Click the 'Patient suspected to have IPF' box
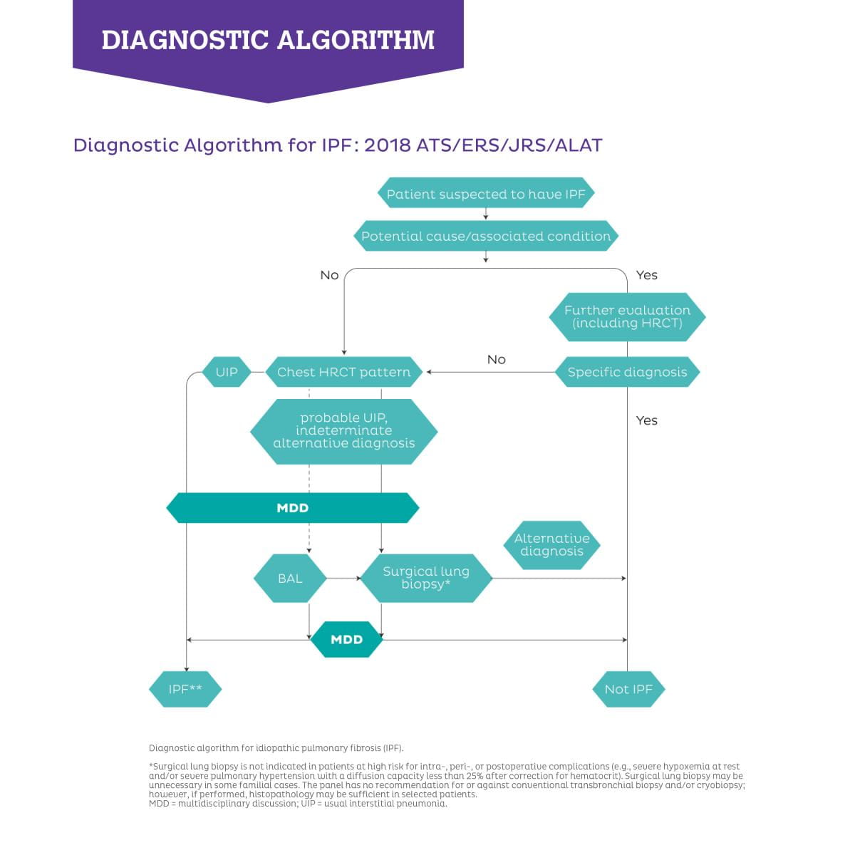[x=485, y=193]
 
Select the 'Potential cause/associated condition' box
[x=485, y=236]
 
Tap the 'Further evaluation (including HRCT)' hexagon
[x=627, y=317]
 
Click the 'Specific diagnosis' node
[x=627, y=372]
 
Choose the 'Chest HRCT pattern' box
[x=344, y=372]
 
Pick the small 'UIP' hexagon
[x=227, y=372]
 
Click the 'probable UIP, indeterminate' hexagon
[x=344, y=431]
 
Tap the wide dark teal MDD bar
[x=292, y=507]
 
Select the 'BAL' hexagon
[x=290, y=578]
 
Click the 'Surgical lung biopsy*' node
[x=426, y=578]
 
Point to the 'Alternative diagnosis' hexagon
[x=551, y=545]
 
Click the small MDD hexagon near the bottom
[x=346, y=639]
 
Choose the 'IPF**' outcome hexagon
[x=185, y=689]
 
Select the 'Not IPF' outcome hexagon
[x=628, y=689]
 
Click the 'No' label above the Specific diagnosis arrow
[x=496, y=359]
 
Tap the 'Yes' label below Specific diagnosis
[x=646, y=420]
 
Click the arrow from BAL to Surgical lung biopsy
[x=344, y=578]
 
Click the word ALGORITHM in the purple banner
[x=356, y=40]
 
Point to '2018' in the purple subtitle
[x=388, y=145]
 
